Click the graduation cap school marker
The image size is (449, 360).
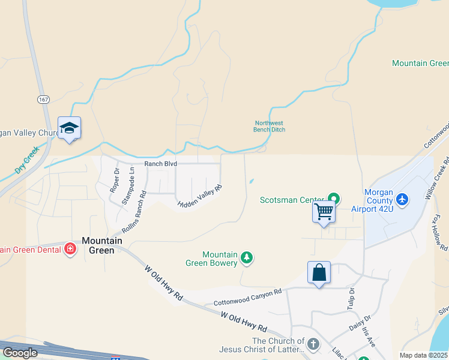[69, 128]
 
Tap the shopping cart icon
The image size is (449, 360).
[324, 212]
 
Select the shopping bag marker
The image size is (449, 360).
[319, 272]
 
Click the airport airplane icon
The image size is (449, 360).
[402, 199]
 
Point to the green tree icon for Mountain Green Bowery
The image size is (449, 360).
[246, 258]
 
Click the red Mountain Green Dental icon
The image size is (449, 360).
[70, 248]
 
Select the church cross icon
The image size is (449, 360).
[313, 344]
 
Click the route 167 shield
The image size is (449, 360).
[43, 98]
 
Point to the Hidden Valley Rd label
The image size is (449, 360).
[200, 196]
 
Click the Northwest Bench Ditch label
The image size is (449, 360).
[269, 126]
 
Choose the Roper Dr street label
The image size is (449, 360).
[115, 179]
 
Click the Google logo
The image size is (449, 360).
[20, 353]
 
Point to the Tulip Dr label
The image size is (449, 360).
[351, 298]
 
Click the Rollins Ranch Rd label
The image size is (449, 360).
[134, 213]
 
